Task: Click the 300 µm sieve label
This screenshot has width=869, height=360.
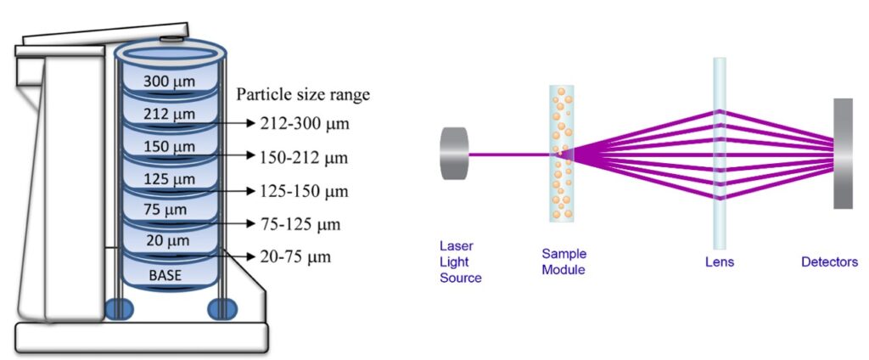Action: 170,82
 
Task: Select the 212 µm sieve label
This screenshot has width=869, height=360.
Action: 170,114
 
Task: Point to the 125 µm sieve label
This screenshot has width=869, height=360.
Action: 170,179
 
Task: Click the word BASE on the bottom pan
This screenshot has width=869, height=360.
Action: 165,274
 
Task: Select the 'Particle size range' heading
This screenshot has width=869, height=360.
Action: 303,95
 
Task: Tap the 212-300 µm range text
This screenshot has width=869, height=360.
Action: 305,124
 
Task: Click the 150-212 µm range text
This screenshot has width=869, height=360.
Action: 304,158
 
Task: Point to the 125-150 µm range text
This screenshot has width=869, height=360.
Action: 305,191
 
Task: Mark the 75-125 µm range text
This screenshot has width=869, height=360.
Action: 300,224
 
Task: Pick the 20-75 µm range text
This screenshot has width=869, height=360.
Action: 295,257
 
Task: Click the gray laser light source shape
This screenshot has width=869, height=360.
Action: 455,155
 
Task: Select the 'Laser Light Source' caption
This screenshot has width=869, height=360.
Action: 461,262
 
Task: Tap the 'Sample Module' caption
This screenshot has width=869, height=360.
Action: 563,262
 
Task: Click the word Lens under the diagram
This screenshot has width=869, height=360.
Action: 720,262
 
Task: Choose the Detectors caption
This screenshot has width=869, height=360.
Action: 829,262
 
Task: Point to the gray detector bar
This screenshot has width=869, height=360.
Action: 843,154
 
